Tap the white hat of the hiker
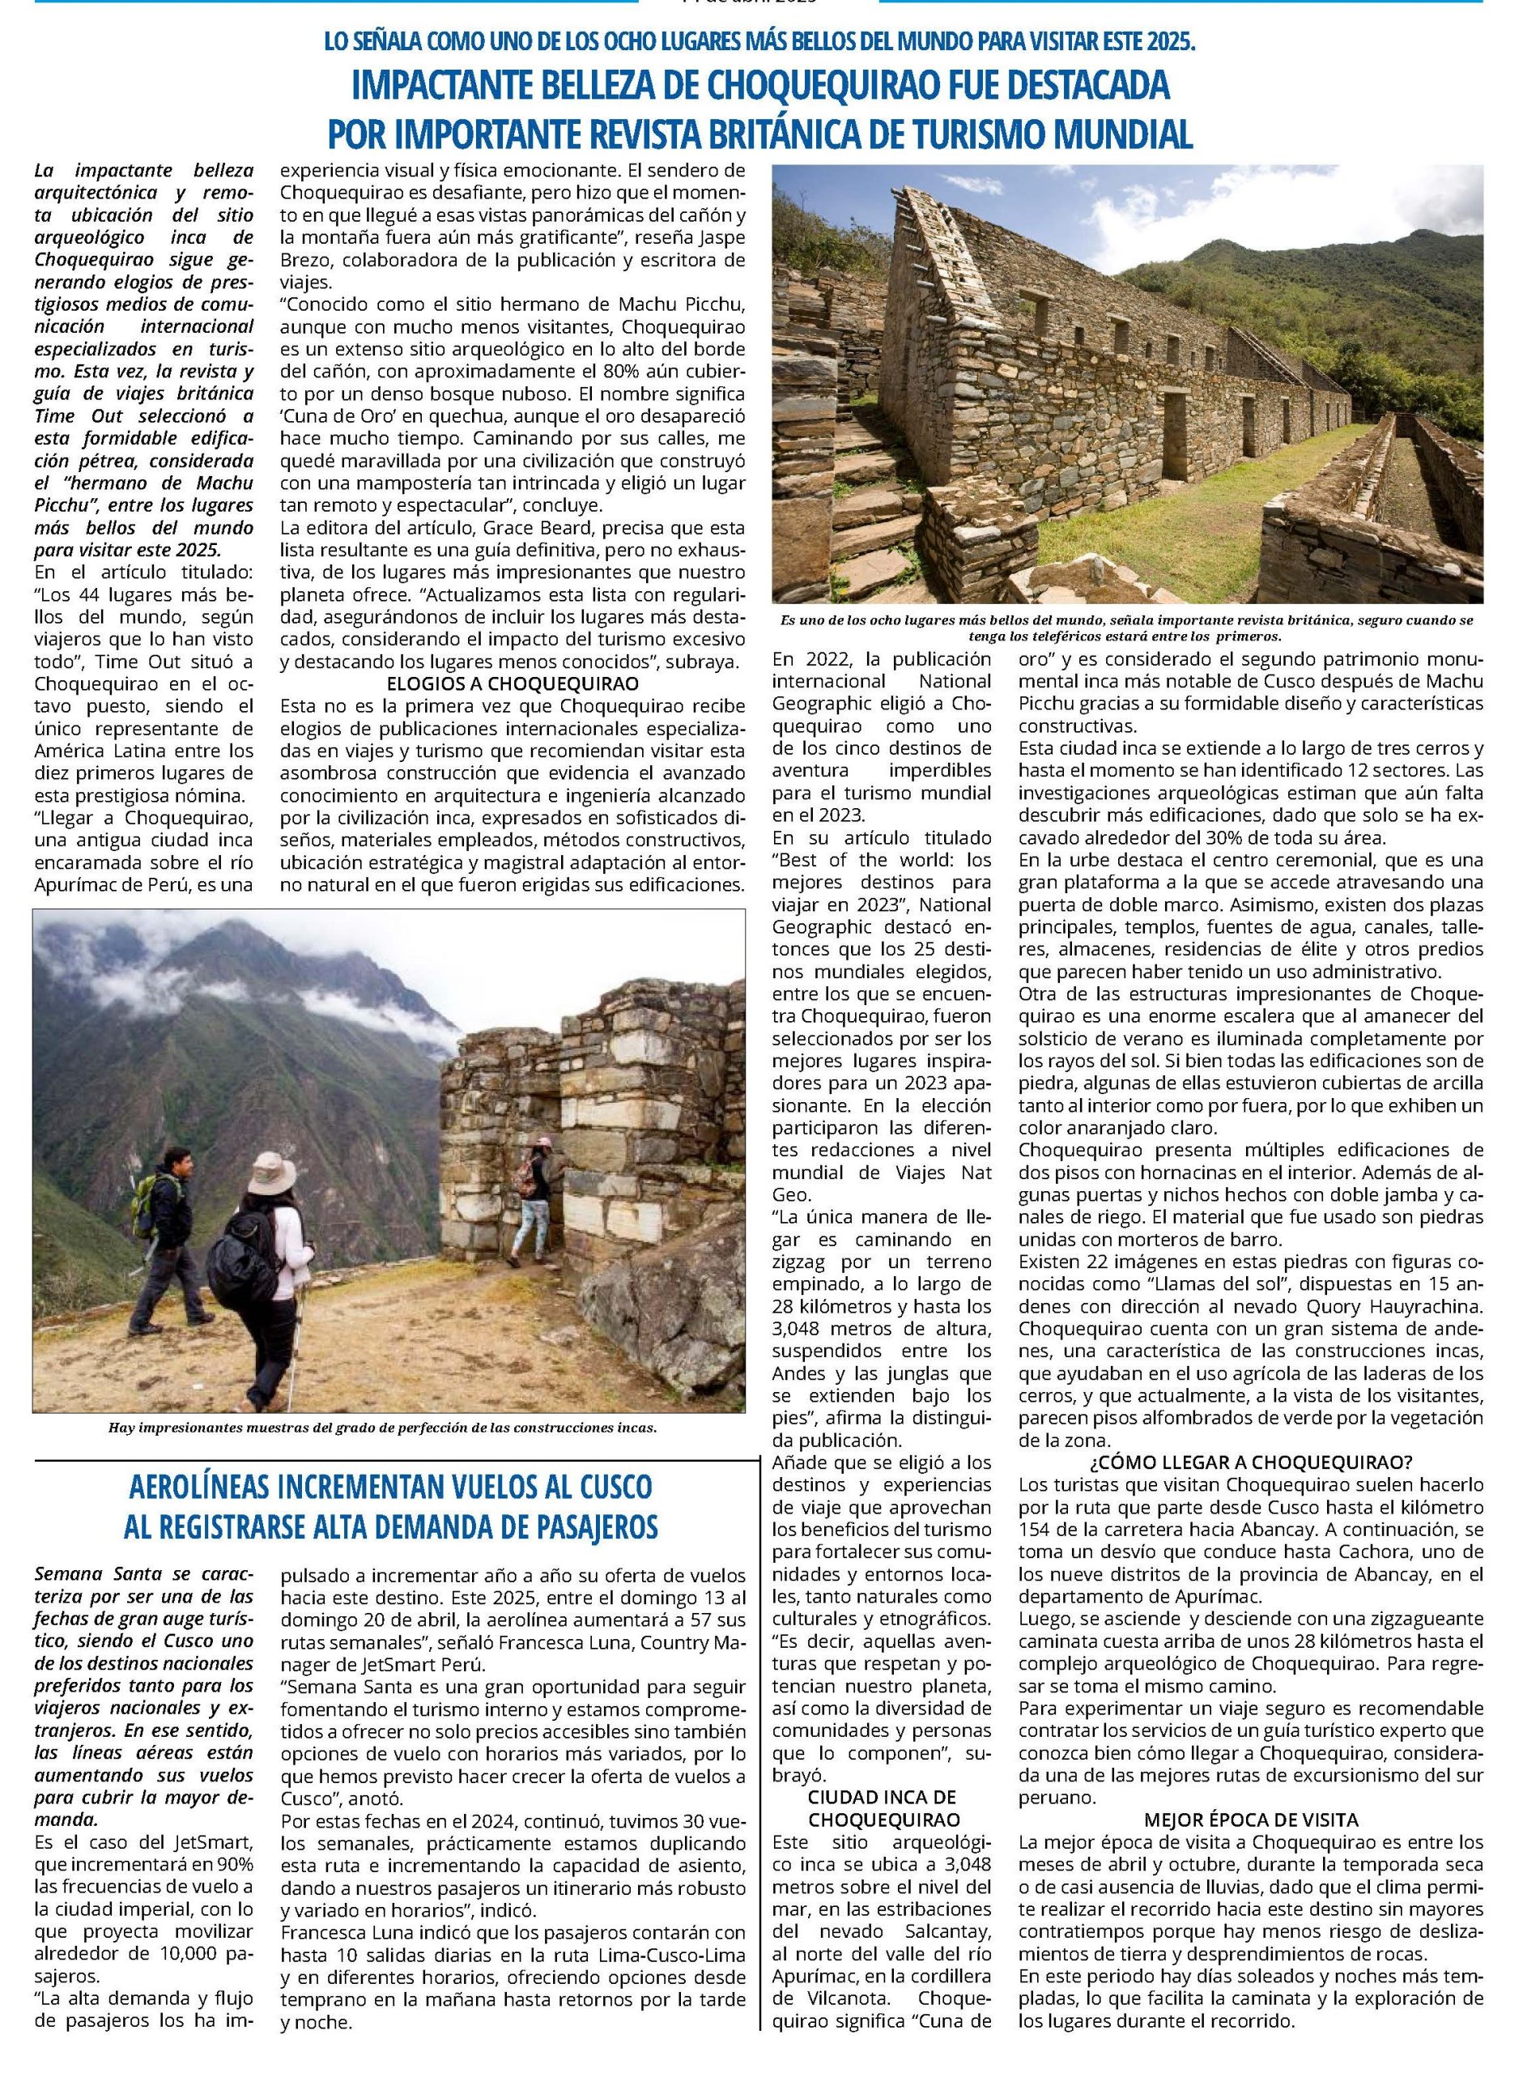tap(272, 1166)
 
